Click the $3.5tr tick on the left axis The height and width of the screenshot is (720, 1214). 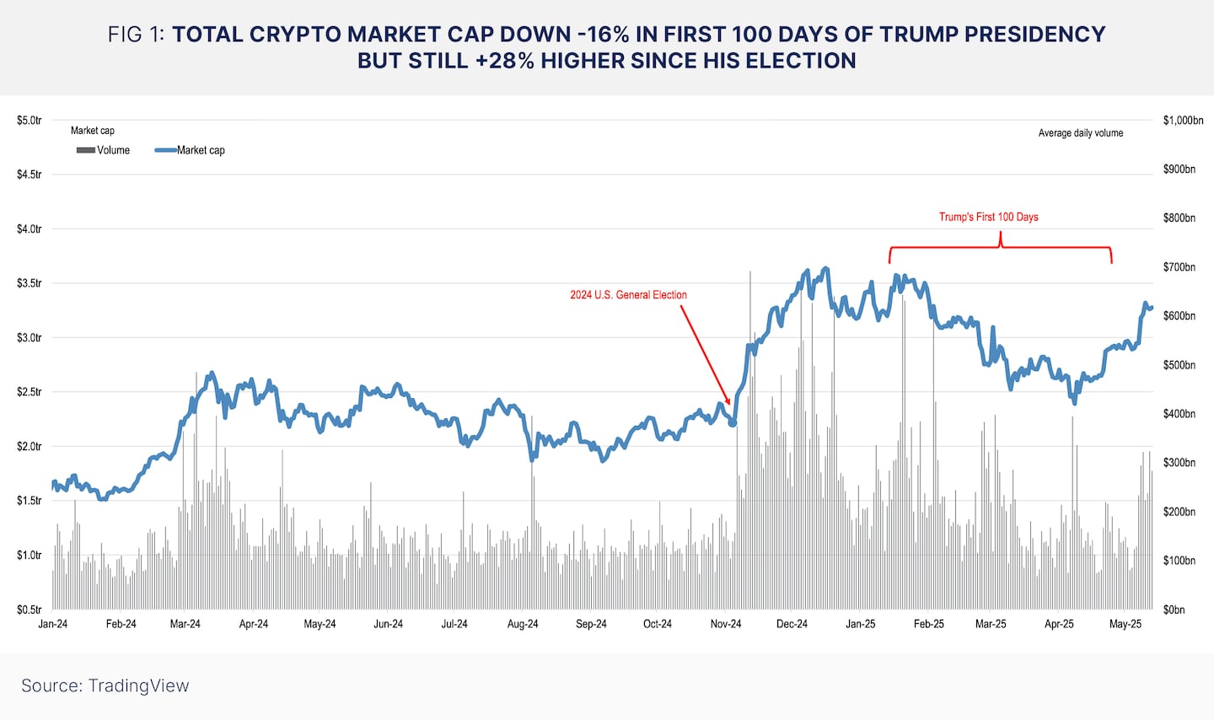click(x=29, y=283)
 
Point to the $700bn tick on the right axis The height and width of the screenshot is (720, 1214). click(x=1179, y=267)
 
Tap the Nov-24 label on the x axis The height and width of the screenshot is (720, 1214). click(x=726, y=624)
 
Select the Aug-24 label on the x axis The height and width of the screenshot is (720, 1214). click(x=523, y=624)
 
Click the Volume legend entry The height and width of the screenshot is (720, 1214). click(x=104, y=150)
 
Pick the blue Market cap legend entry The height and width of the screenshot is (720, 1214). click(x=191, y=150)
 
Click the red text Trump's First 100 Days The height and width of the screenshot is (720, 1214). click(x=988, y=217)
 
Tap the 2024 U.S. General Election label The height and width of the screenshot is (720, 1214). click(x=628, y=295)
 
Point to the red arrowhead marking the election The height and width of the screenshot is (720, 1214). click(x=728, y=403)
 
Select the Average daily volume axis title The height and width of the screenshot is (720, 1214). click(x=1080, y=133)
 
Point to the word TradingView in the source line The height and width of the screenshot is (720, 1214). click(x=138, y=685)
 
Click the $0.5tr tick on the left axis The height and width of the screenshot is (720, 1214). click(x=29, y=610)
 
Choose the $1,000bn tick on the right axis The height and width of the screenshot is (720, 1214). click(x=1183, y=121)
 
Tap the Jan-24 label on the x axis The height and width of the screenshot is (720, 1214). click(x=53, y=624)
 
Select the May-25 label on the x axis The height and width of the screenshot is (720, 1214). click(x=1125, y=624)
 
